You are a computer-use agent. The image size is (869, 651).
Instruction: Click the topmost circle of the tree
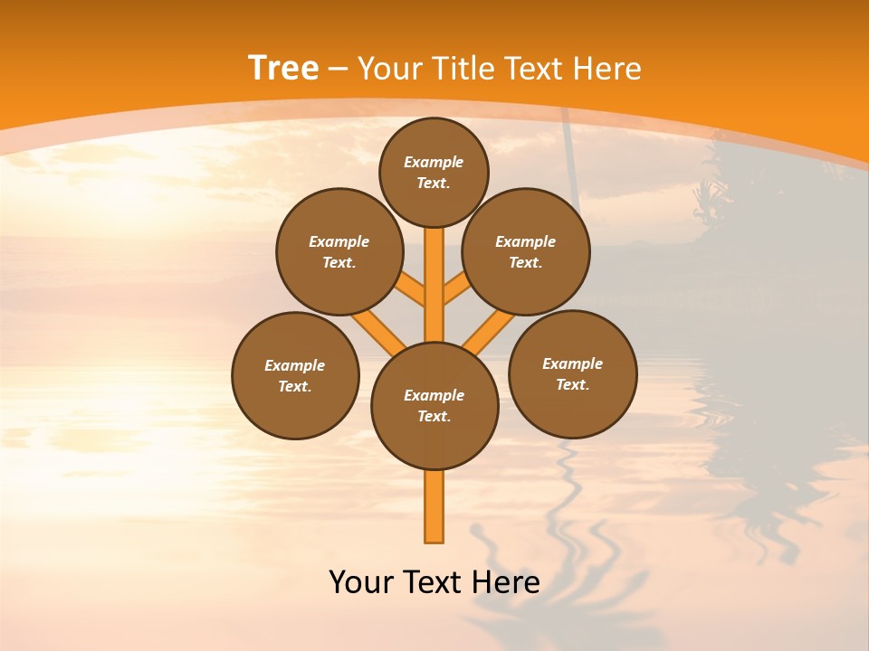click(x=434, y=172)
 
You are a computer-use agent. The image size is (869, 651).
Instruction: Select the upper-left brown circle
click(x=339, y=251)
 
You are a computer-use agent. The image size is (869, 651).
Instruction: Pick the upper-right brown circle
click(x=526, y=251)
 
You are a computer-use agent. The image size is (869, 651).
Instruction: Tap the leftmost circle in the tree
click(x=295, y=375)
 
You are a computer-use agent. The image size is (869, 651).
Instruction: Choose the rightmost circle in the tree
click(x=573, y=373)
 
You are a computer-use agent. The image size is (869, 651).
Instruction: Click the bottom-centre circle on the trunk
click(x=434, y=406)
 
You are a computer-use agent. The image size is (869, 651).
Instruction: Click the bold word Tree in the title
click(x=283, y=68)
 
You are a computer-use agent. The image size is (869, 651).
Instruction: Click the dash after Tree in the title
click(x=338, y=69)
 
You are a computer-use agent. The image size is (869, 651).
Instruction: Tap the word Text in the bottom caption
click(x=433, y=581)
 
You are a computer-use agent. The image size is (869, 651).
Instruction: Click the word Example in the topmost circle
click(x=434, y=162)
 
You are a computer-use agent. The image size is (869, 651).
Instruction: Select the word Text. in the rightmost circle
click(x=573, y=384)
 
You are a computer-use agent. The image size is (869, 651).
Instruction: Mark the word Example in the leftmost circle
click(x=295, y=365)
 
